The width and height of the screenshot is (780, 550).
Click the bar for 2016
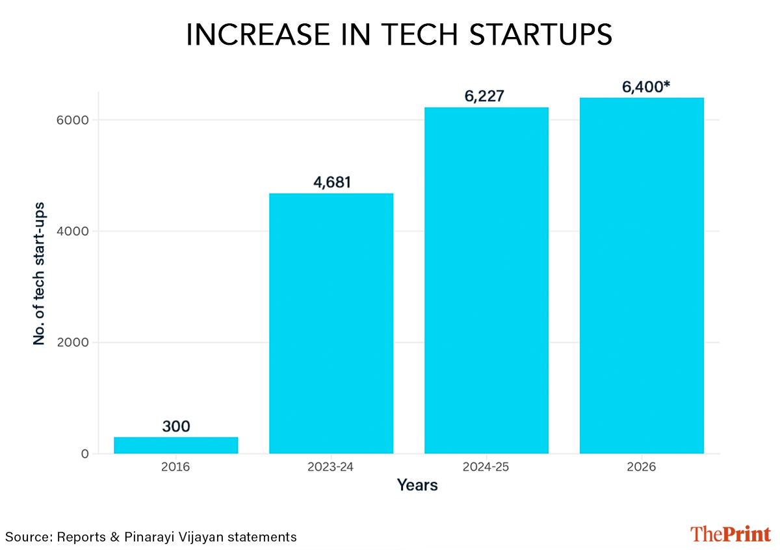[x=175, y=445]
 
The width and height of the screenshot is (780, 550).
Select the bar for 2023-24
[x=331, y=323]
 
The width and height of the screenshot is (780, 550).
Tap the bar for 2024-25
[x=486, y=280]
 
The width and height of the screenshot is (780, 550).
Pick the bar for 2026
[x=642, y=275]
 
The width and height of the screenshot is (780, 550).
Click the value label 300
[x=175, y=427]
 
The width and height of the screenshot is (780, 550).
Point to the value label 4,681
[x=331, y=182]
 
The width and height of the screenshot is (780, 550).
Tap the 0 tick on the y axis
[x=84, y=454]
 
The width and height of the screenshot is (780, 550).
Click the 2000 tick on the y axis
[x=72, y=342]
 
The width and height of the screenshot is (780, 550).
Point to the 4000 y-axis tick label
[x=72, y=231]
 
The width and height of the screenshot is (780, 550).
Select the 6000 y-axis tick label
[x=72, y=120]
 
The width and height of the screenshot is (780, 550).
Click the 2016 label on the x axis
[x=175, y=467]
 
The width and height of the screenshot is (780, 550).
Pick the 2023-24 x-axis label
[x=331, y=467]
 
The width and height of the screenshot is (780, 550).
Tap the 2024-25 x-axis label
[x=486, y=467]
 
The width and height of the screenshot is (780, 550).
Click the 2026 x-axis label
[x=642, y=467]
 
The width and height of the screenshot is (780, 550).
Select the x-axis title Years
[x=417, y=485]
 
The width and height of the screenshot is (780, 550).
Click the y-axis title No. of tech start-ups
[x=39, y=273]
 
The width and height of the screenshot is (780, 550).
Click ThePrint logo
[x=730, y=534]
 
